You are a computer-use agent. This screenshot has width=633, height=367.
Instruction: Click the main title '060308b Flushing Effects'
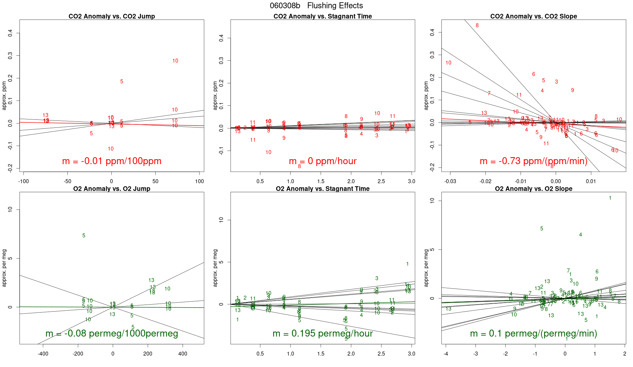(316, 6)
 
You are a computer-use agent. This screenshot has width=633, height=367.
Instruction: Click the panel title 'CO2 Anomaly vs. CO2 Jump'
(112, 16)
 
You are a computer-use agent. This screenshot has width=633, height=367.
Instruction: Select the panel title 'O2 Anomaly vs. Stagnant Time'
(322, 189)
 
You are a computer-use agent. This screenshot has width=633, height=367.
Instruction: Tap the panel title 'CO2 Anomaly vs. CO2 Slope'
(533, 16)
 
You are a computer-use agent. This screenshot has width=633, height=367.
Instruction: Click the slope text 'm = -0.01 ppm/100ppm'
(112, 161)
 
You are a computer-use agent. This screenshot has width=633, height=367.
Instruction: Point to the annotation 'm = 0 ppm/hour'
(322, 161)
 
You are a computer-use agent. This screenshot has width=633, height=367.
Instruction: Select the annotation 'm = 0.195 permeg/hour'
(322, 334)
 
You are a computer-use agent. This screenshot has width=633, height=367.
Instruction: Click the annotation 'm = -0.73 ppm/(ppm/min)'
(533, 161)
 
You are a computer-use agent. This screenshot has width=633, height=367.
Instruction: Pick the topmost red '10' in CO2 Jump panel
(175, 61)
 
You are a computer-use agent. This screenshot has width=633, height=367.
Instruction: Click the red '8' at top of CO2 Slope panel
(477, 25)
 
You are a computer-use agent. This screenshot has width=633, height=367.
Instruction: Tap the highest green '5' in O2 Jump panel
(84, 236)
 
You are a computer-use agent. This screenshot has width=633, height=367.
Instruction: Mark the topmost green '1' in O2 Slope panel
(610, 198)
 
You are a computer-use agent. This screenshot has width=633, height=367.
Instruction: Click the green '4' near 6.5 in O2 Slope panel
(580, 235)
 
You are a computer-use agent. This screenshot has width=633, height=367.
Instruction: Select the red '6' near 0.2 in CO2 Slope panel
(533, 74)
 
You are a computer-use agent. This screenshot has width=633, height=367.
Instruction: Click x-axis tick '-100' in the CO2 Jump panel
(23, 181)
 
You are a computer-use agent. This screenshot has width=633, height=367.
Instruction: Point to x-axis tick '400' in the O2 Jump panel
(183, 354)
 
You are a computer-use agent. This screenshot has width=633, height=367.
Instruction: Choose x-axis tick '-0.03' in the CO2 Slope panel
(450, 181)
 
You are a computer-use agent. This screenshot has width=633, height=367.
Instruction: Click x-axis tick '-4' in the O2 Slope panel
(446, 354)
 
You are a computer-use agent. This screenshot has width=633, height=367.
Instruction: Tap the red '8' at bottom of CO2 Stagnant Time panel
(299, 166)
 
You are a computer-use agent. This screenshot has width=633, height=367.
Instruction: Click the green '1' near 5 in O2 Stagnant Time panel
(407, 264)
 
